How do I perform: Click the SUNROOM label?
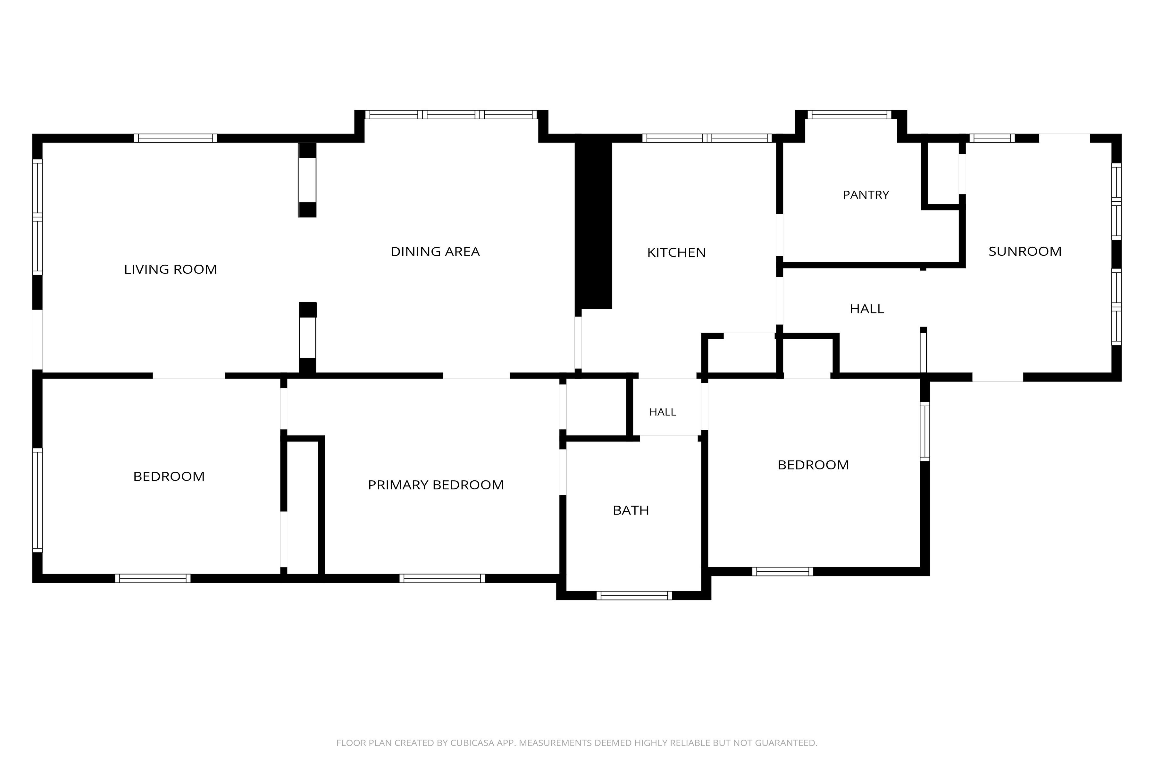coord(1025,252)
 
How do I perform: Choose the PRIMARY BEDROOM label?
coord(436,485)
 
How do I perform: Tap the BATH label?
coord(631,510)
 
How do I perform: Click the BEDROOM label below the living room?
coord(169,477)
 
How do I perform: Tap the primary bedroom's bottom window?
coord(442,578)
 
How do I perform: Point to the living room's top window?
coord(176,138)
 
